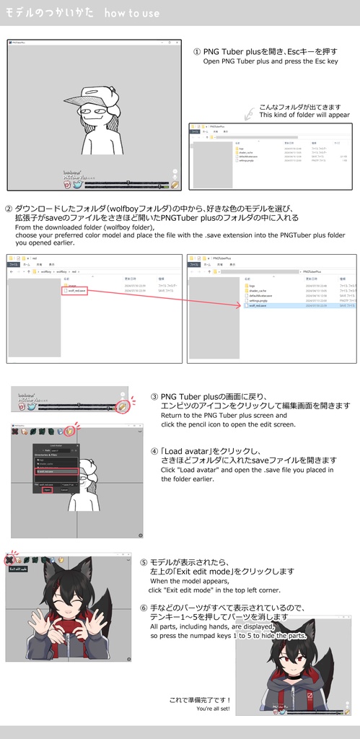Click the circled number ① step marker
197,52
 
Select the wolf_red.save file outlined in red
75,290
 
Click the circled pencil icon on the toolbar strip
124,407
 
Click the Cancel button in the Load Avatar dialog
63,490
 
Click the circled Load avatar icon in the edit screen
69,432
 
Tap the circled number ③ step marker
154,397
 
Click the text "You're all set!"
214,709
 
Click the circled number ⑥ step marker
144,607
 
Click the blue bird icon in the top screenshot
78,185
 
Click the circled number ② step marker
9,208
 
